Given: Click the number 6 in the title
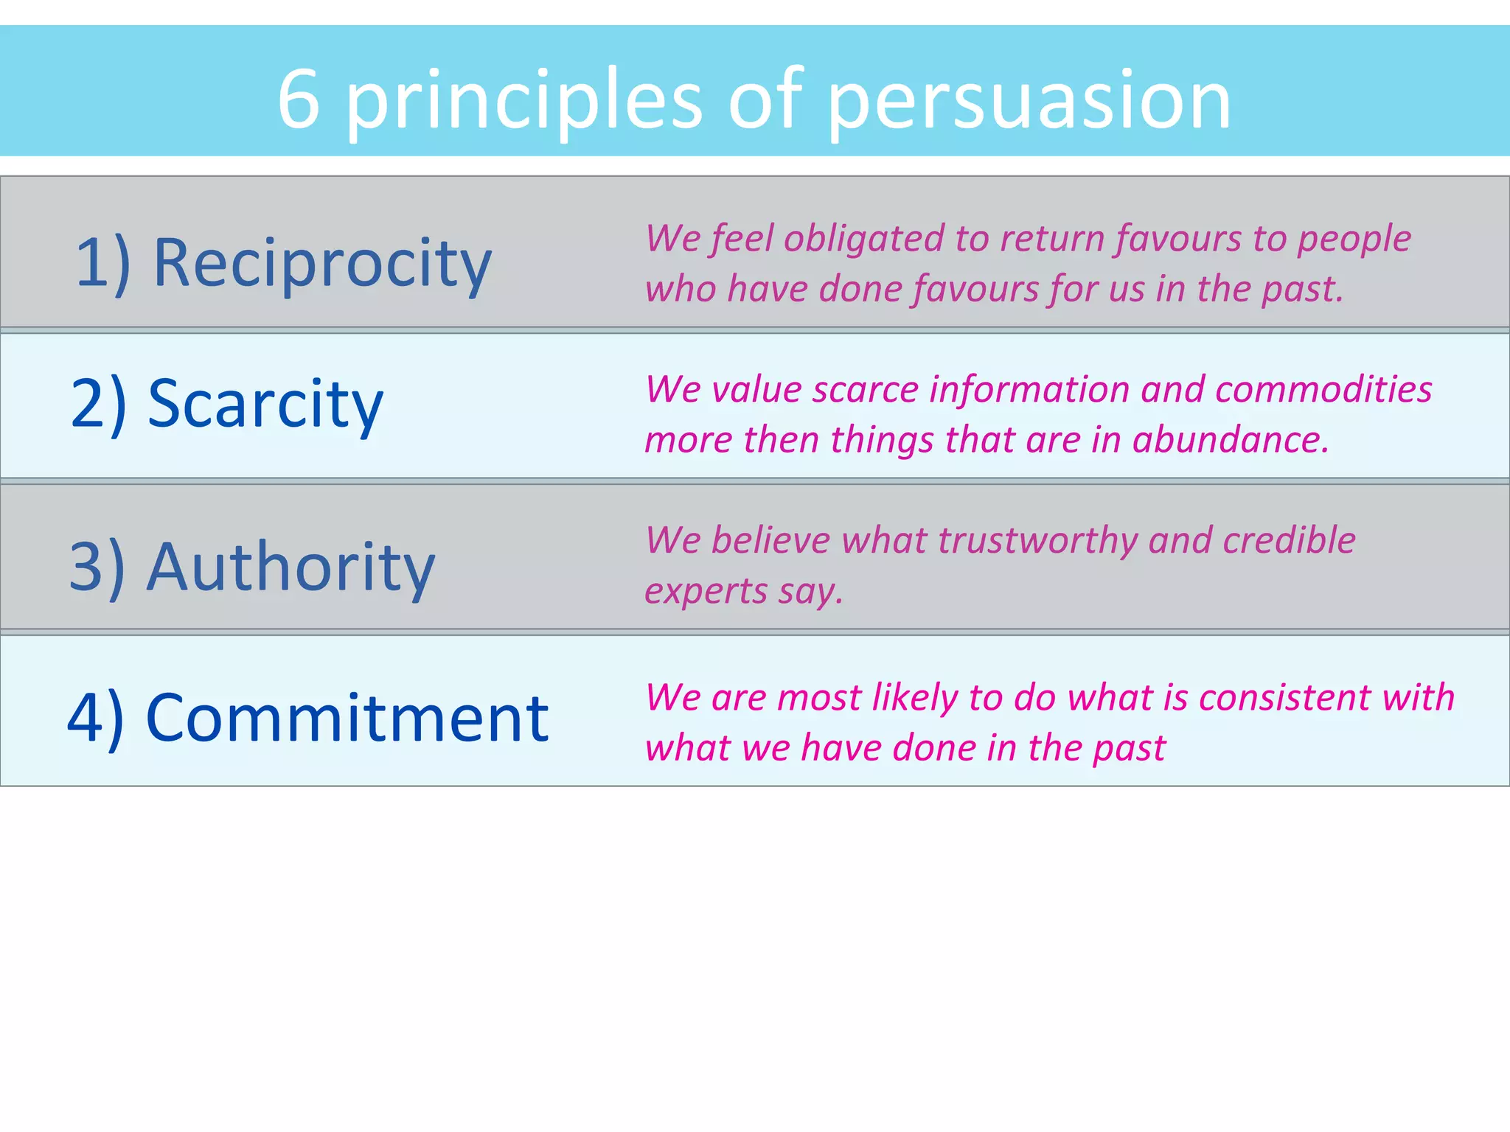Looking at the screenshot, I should tap(299, 99).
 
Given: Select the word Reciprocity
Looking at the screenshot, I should tap(322, 264).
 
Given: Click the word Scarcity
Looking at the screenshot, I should tap(265, 404).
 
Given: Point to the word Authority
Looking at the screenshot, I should tap(290, 567).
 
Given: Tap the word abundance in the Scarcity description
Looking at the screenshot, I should tap(1231, 440).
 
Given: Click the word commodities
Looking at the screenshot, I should tap(1323, 389).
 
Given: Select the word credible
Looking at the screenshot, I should tap(1289, 540).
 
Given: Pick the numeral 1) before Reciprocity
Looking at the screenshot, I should tap(102, 264).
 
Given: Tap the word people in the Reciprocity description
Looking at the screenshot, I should tap(1354, 240).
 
